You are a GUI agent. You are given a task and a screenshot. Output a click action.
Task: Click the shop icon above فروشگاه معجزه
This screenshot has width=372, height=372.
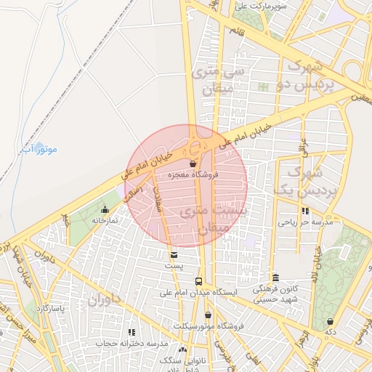193,163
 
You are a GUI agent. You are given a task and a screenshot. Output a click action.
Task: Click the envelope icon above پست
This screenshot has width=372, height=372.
173,254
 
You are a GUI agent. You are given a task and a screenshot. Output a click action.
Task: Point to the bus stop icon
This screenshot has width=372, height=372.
198,281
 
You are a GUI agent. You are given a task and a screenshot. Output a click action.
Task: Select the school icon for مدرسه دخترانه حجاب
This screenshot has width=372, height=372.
132,332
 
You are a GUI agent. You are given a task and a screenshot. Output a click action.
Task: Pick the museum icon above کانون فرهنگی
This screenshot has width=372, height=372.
275,278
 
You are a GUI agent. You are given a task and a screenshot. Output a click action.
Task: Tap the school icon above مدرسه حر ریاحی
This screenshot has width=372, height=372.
305,211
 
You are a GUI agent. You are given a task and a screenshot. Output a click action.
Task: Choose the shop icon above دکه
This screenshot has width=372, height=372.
331,321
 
